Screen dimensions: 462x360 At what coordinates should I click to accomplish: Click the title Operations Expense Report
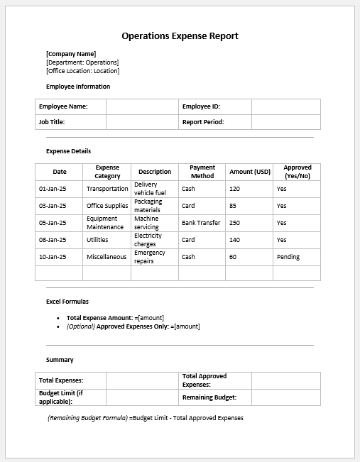[180, 35]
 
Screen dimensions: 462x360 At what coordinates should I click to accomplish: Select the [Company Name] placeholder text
[71, 54]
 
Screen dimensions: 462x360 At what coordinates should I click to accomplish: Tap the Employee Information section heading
[78, 87]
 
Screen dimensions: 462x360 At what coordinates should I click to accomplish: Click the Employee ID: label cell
[201, 106]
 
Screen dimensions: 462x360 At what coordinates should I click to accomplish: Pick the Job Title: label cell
[53, 122]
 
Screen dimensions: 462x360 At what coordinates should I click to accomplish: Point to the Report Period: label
[203, 122]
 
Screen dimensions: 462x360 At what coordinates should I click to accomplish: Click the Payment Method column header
[202, 172]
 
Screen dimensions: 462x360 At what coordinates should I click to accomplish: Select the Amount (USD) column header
[250, 172]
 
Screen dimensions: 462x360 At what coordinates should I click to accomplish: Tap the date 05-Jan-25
[53, 223]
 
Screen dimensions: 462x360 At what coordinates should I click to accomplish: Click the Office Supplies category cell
[107, 206]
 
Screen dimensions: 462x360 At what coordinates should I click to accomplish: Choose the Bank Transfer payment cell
[201, 223]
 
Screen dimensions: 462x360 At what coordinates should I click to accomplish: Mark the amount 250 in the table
[235, 223]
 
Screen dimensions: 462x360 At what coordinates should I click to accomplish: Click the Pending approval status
[288, 257]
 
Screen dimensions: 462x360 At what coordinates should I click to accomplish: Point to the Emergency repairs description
[149, 257]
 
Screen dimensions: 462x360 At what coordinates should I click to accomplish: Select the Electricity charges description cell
[148, 240]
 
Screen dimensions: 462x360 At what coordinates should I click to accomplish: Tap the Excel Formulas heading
[67, 302]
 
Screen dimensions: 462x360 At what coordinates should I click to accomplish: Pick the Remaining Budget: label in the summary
[209, 397]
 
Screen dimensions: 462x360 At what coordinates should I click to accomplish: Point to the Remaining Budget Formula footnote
[146, 418]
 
